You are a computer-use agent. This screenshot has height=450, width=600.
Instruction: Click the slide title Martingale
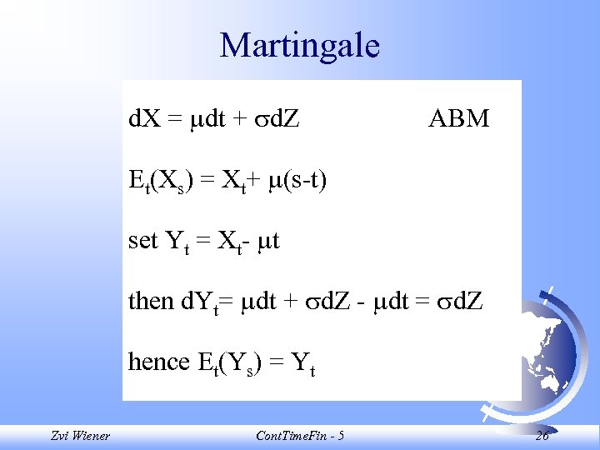[x=299, y=46]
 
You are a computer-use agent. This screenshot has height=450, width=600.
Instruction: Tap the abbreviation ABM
[x=458, y=119]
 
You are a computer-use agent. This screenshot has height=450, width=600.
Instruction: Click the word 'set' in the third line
[x=143, y=241]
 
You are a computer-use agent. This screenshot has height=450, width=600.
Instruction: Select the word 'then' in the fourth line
[x=151, y=300]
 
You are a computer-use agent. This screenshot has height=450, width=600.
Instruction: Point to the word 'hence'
[x=159, y=362]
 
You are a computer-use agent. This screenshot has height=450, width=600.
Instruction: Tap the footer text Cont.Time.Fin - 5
[x=300, y=436]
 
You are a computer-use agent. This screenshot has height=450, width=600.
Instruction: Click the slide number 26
[x=542, y=436]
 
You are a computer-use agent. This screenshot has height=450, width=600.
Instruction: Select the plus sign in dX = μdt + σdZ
[x=238, y=120]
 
